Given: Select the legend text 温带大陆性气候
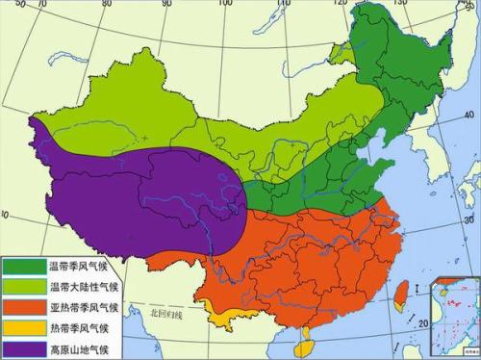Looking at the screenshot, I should coord(87,286).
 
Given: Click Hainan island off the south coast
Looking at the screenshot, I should coord(305,337).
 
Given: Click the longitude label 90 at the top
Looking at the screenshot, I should coord(166,5).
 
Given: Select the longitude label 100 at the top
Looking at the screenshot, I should coord(225,4).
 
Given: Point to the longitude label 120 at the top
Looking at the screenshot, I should coord(339,4).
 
